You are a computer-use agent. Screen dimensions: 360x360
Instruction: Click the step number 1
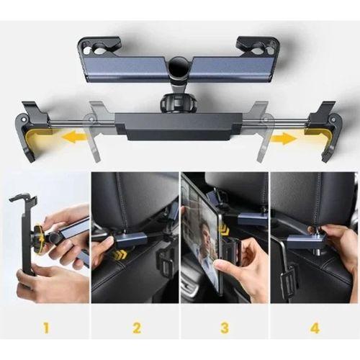click(45, 328)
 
